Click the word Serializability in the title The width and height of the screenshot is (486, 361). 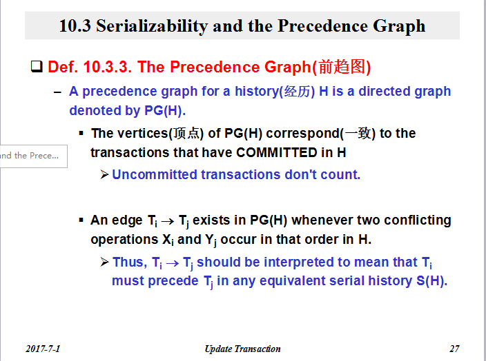coord(152,26)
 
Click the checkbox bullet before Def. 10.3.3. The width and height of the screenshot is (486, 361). coord(37,66)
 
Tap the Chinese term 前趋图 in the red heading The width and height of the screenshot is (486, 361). coord(342,67)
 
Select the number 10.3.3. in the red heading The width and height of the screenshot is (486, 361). coord(108,67)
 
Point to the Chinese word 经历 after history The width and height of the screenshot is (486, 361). coord(298,92)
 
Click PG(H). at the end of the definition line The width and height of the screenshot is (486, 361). coord(165,111)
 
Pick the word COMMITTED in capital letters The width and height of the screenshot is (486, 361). coord(276,152)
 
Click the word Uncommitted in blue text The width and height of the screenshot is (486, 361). coord(155,175)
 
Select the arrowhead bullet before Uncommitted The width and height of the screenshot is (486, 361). coord(104,174)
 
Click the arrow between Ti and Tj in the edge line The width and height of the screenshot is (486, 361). coord(168,221)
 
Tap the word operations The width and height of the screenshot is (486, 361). coord(124,240)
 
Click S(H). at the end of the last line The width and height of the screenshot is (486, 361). coord(431,281)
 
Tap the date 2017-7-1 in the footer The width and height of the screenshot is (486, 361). coord(43,349)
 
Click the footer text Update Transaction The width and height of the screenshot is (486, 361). coord(243,349)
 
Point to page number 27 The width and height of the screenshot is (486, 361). coord(454,349)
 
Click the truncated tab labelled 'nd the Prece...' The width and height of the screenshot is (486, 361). coord(33,156)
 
